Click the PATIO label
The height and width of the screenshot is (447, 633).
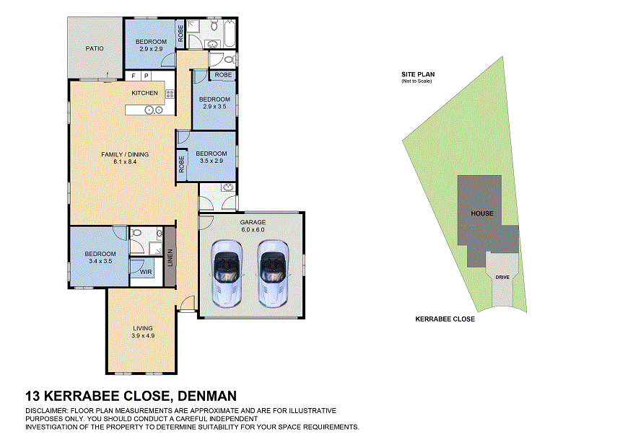95,48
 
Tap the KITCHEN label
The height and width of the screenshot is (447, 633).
144,93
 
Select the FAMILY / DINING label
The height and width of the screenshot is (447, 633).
131,154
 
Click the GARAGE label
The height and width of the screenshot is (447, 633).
253,222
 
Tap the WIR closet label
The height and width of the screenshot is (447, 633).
146,272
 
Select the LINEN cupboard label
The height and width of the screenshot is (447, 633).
170,257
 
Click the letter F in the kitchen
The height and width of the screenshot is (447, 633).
134,76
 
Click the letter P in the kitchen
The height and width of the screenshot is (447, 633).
146,76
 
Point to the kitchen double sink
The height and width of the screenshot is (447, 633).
153,110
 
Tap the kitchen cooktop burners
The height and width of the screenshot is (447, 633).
170,93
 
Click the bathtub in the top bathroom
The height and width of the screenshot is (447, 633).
230,30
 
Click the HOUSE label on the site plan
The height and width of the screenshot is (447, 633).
482,213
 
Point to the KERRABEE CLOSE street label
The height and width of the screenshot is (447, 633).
445,319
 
